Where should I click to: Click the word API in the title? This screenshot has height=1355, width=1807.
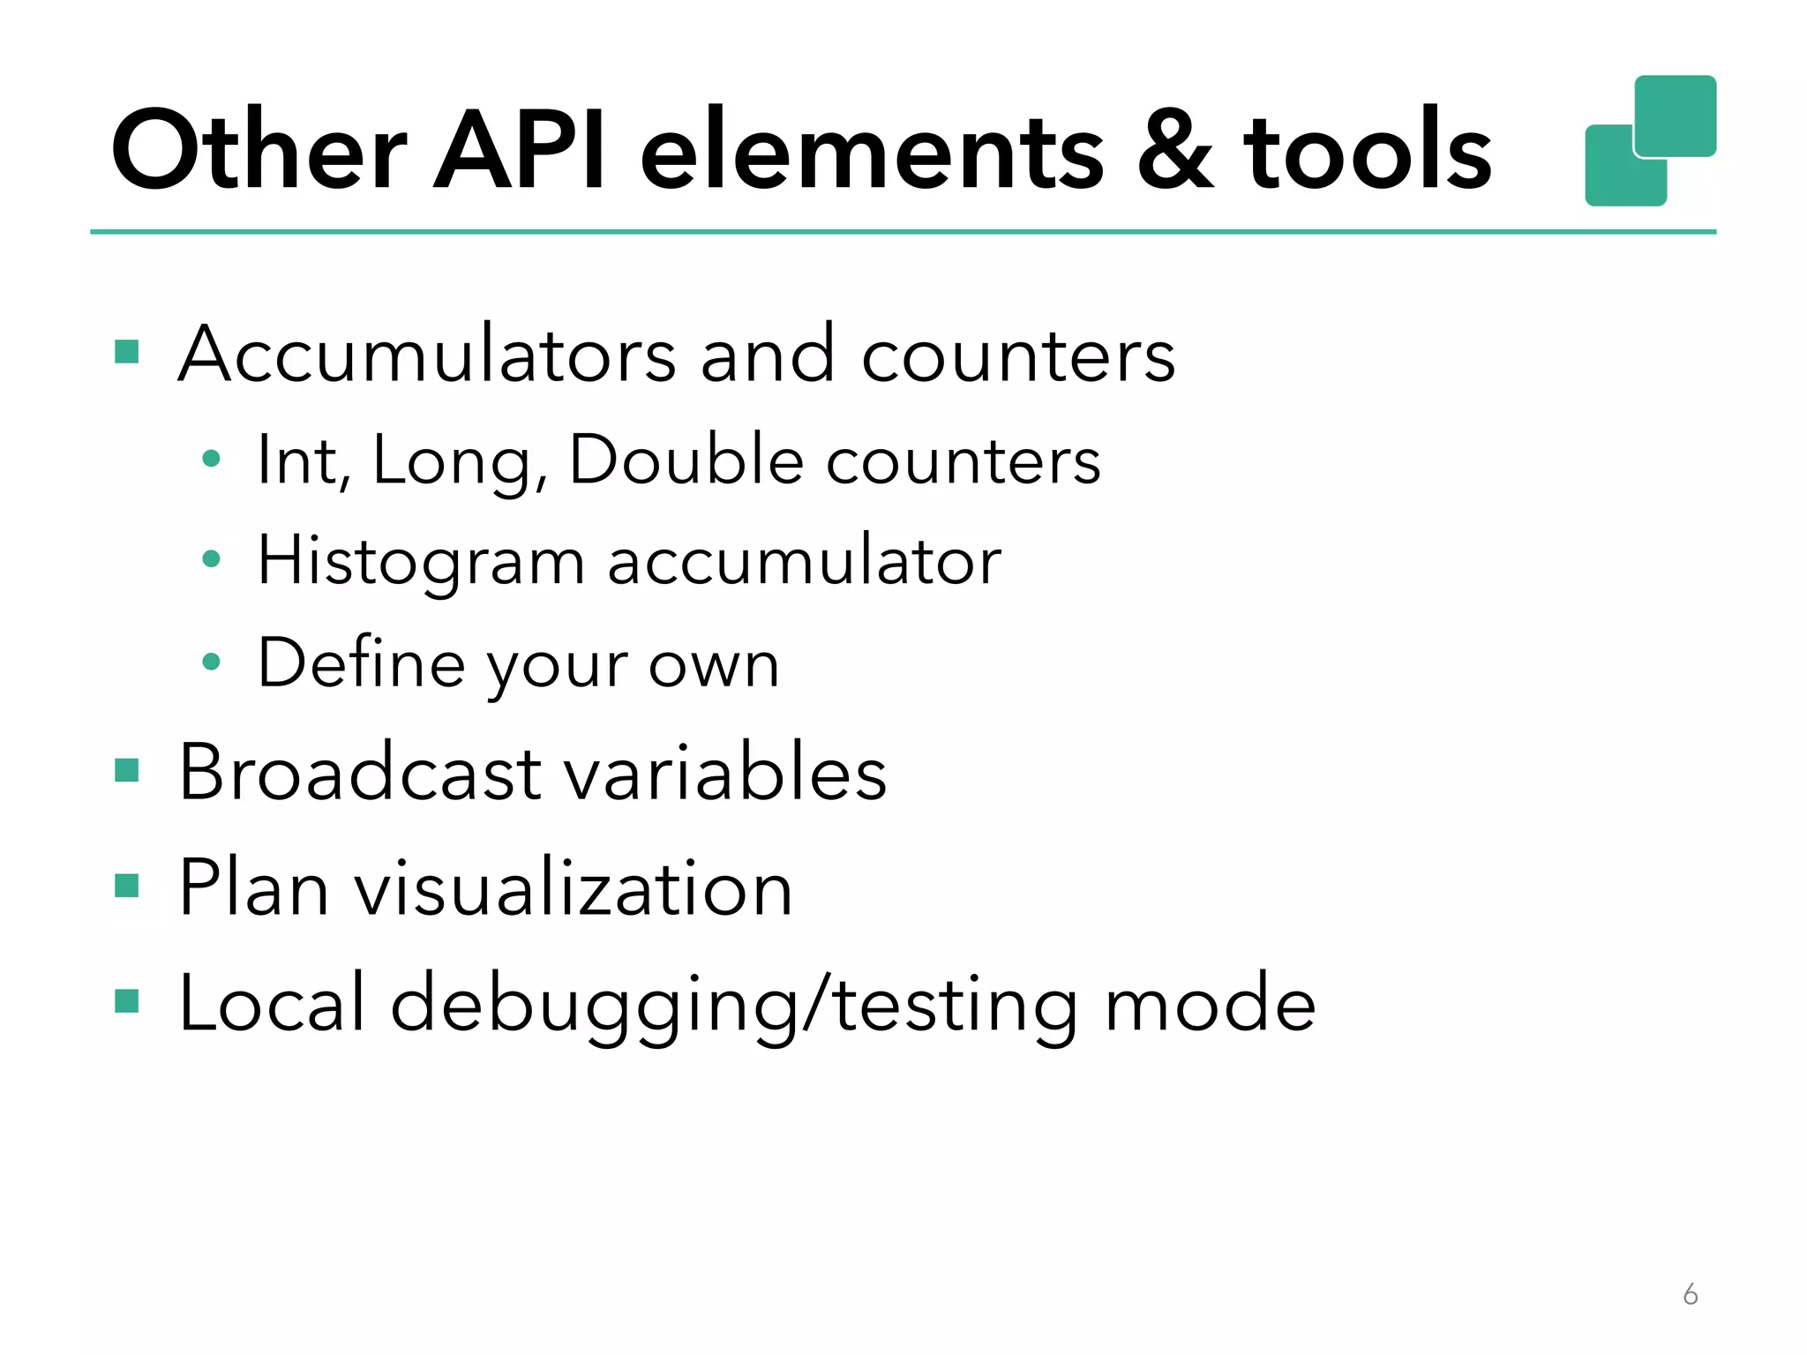tap(521, 150)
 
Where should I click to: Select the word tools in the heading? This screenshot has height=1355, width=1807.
tap(1367, 150)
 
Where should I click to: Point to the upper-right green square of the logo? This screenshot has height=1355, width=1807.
tap(1675, 116)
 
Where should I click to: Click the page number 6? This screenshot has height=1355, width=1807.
tap(1690, 1294)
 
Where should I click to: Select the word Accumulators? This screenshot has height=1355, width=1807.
tap(427, 355)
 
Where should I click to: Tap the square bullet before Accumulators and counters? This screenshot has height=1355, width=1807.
tap(127, 353)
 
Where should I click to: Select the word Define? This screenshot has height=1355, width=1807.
tap(361, 663)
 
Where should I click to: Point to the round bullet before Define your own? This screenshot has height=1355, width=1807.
tap(211, 662)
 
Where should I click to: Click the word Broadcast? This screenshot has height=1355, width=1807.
tap(360, 773)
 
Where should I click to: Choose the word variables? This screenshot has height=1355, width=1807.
tap(725, 773)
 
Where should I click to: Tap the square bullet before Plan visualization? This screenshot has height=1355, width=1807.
tap(127, 886)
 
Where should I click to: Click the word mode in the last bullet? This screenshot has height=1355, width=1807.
tap(1210, 1004)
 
